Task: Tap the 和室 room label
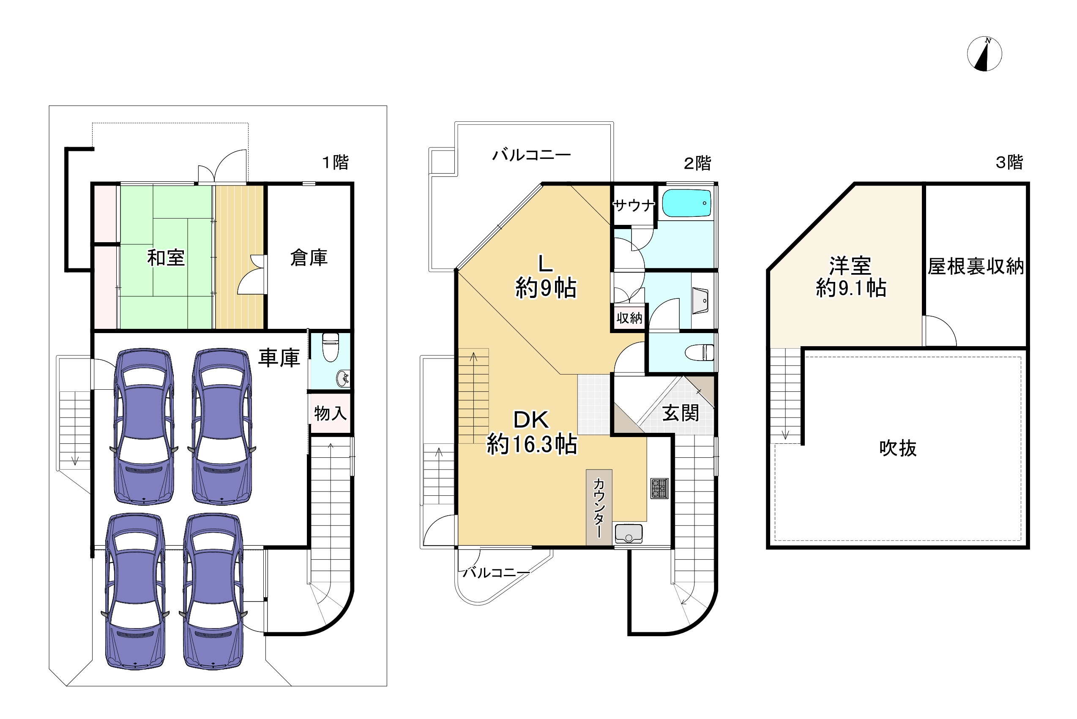point(166,258)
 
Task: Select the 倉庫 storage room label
point(309,258)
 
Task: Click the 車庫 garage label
point(279,358)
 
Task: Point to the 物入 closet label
point(330,413)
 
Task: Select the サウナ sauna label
point(633,205)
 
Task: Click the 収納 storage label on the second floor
point(629,318)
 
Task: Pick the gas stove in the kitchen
point(659,488)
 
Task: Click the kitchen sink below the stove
point(628,534)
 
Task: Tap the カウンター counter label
point(599,508)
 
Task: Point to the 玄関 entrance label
point(681,413)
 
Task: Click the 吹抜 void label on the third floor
point(897,448)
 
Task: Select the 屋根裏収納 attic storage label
point(976,266)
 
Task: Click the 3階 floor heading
point(1009,162)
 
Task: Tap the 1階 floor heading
point(335,162)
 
